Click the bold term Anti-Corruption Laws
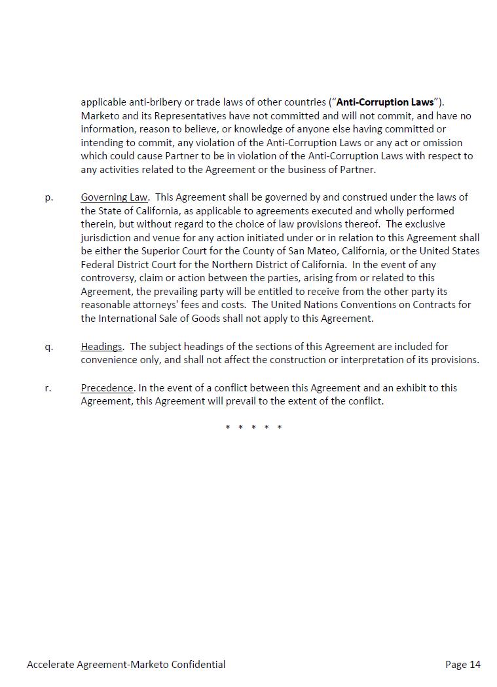[x=385, y=102]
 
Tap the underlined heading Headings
[x=101, y=346]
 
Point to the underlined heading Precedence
[x=107, y=387]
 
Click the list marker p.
[x=49, y=197]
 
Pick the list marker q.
[x=49, y=346]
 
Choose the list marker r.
[x=48, y=387]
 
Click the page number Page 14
[x=462, y=665]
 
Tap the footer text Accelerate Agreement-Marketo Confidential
[x=126, y=665]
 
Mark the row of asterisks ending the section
[x=253, y=427]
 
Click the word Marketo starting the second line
[x=99, y=116]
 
